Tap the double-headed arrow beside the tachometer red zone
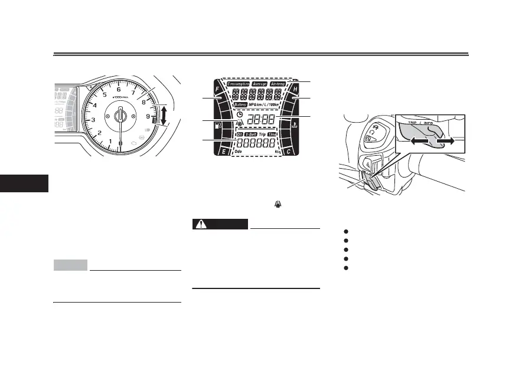point(163,116)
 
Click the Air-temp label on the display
point(282,84)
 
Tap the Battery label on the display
point(240,104)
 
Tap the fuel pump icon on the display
point(220,125)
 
